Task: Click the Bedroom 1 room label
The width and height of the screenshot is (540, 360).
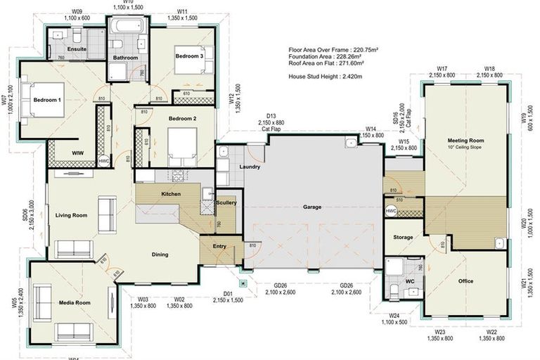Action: click(47, 101)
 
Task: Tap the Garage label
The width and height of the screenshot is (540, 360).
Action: click(312, 207)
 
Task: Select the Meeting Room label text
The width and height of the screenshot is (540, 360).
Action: click(465, 141)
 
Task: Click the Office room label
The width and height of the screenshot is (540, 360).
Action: click(465, 281)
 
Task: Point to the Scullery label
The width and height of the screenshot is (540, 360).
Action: click(226, 202)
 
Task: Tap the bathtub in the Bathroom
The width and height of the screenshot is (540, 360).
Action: click(127, 28)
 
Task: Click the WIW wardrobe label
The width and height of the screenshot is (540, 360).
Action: click(77, 153)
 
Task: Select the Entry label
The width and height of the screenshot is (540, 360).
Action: click(219, 246)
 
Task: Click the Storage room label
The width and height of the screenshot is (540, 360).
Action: click(403, 238)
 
